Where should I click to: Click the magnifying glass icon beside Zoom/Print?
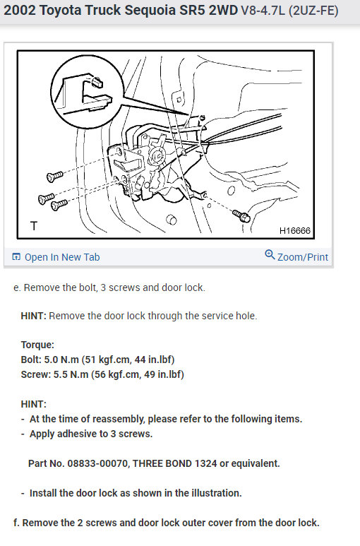pos(270,254)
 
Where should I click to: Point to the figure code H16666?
pos(295,230)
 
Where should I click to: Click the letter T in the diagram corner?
pos(34,226)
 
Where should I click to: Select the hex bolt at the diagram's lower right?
pos(241,216)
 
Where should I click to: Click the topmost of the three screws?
pos(55,176)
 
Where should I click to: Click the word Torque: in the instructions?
pos(37,345)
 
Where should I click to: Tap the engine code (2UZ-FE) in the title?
pos(313,11)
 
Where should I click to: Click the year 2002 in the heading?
pos(20,11)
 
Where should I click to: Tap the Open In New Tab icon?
pos(16,257)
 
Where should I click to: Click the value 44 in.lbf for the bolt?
pos(153,360)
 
